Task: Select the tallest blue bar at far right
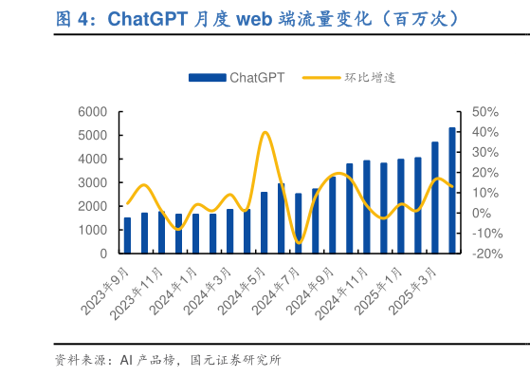452,190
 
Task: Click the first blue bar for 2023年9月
127,236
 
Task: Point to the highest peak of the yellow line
265,132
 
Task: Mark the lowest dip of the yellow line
299,243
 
